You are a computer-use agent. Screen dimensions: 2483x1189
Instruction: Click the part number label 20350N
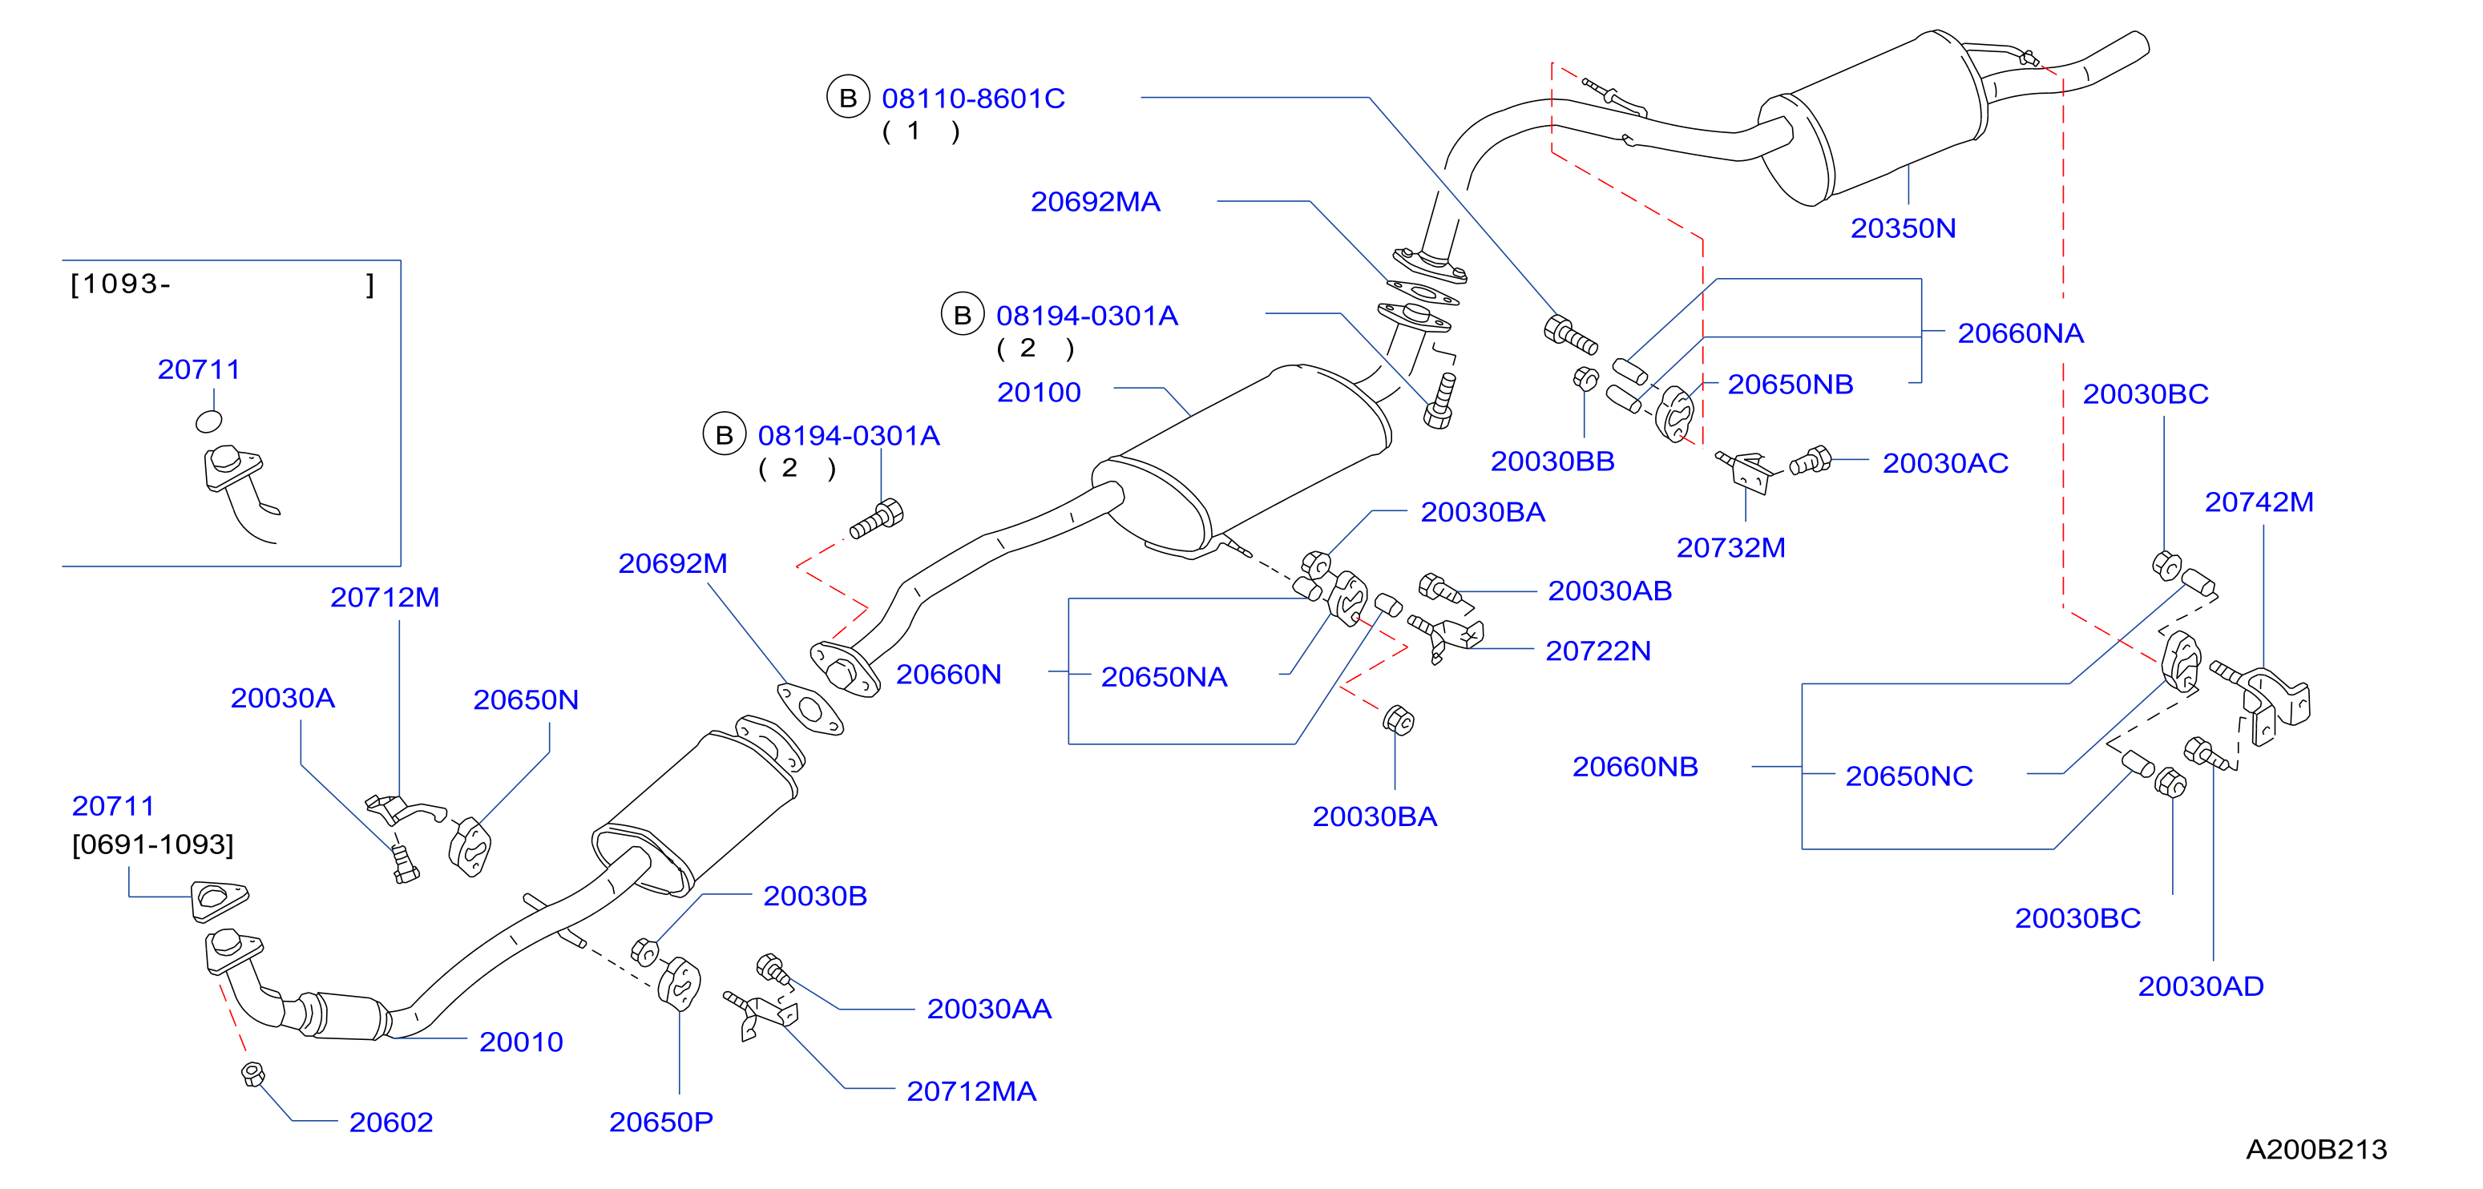1903,228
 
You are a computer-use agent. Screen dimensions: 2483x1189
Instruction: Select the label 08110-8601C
972,99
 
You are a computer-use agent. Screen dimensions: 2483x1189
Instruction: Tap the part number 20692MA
1095,201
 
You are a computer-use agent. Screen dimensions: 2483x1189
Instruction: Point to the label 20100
1038,392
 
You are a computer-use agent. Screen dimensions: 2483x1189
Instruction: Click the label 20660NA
2021,333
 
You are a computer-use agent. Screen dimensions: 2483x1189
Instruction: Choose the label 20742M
2259,502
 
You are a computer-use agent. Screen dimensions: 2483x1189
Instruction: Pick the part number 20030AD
2201,985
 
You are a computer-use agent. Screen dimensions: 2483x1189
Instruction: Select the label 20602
390,1122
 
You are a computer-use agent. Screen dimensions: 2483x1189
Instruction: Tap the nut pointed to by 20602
252,1074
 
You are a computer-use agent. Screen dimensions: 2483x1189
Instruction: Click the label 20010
520,1042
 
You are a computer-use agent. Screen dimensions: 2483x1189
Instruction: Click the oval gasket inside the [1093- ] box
209,421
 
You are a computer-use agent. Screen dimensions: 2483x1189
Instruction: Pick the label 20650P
660,1122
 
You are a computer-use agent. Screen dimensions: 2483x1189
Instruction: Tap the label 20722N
1598,651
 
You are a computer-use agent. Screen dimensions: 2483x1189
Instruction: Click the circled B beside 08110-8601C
848,97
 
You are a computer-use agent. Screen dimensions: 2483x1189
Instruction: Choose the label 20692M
672,564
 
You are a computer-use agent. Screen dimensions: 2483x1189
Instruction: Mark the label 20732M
1730,548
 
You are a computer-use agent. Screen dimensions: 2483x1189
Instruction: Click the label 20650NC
1908,776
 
